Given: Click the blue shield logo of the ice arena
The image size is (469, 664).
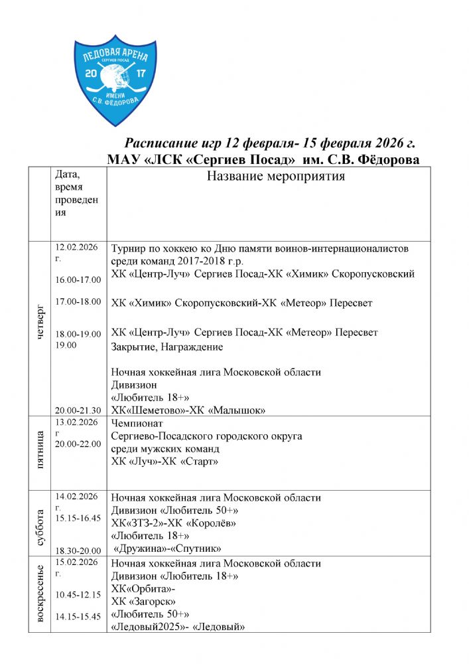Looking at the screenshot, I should (x=110, y=80).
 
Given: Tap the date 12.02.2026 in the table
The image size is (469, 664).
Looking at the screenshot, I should (x=76, y=248).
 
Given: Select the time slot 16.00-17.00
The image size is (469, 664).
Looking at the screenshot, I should (x=78, y=280).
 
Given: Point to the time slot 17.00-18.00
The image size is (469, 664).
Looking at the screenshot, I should (x=78, y=301).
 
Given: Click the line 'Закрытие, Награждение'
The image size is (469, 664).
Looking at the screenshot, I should (x=167, y=347).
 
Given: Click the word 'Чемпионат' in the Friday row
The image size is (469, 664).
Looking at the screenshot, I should (x=137, y=423).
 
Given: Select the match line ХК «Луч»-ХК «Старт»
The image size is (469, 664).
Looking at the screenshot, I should (x=165, y=461).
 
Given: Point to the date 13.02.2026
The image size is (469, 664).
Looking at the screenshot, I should (x=76, y=422).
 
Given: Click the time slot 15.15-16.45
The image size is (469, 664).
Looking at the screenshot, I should (x=78, y=517).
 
